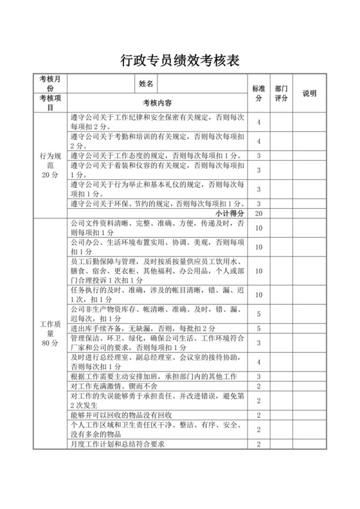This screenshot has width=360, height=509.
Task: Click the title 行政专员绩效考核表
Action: tap(179, 61)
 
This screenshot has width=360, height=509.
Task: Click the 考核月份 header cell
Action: tap(50, 84)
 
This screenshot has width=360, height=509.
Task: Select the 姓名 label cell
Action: tap(146, 84)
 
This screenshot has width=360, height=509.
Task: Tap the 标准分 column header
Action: tap(258, 93)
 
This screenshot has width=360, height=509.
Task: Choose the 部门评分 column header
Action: tap(281, 93)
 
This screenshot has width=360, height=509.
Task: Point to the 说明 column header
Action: tap(310, 93)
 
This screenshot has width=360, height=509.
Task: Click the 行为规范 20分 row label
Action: tap(50, 165)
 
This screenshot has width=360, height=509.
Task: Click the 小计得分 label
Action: tap(229, 213)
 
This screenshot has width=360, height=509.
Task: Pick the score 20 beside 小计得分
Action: tap(258, 213)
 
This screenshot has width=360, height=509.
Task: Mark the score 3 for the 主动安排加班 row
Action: tap(258, 376)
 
